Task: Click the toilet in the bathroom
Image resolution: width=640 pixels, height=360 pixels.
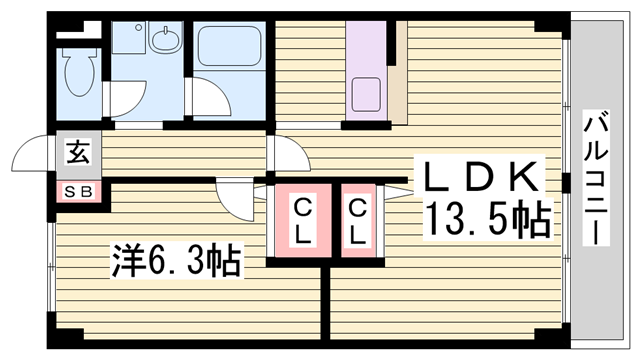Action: click(77, 70)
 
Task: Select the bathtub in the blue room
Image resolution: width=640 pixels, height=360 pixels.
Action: click(229, 51)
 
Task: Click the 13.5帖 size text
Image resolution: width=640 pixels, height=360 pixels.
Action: click(489, 220)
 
